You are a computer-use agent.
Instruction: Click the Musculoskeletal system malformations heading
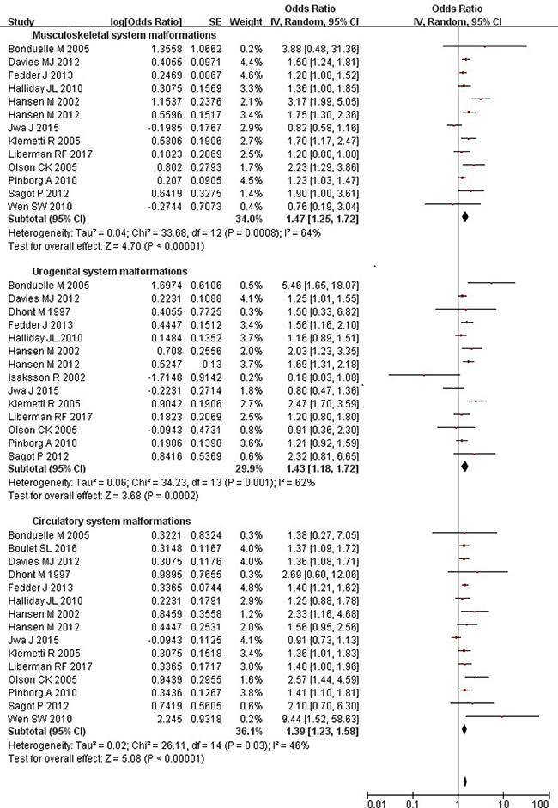[x=124, y=35]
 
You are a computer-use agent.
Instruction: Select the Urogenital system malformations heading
[x=110, y=272]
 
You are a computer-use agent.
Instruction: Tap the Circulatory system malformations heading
[x=112, y=521]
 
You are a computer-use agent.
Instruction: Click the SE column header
[x=215, y=22]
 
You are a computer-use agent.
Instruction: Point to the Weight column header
[x=246, y=22]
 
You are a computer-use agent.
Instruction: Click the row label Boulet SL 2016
[x=42, y=548]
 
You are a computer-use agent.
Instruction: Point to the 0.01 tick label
[x=377, y=804]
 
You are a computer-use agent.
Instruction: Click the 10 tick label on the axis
[x=503, y=804]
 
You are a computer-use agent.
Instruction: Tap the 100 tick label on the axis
[x=541, y=804]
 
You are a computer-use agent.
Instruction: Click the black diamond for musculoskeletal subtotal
[x=465, y=217]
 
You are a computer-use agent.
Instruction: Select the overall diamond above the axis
[x=465, y=781]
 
